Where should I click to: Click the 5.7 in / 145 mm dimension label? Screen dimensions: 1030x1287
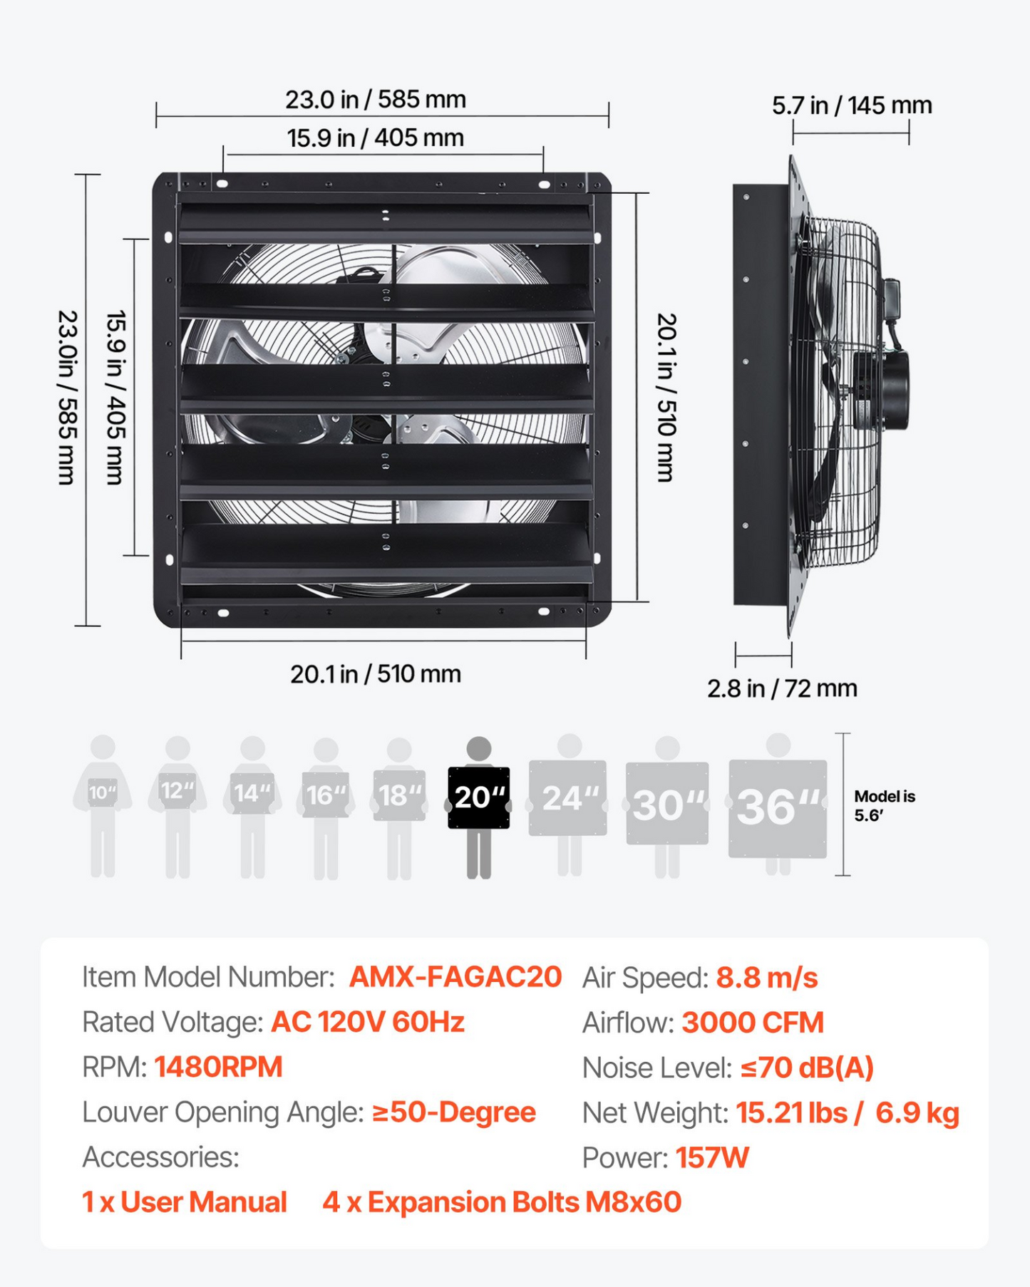852,105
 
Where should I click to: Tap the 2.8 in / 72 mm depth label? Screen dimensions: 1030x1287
782,688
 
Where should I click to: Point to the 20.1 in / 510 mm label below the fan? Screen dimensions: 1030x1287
376,673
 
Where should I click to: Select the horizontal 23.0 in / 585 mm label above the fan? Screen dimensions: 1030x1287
376,99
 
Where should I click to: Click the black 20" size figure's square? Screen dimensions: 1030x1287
478,797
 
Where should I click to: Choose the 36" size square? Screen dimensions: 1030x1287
778,809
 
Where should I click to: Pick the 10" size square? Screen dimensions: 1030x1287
103,792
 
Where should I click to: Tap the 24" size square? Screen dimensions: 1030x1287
567,798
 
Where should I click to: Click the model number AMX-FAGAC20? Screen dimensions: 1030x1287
455,977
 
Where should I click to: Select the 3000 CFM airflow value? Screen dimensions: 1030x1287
753,1023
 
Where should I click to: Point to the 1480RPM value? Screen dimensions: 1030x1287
218,1067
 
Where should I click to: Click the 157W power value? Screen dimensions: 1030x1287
712,1157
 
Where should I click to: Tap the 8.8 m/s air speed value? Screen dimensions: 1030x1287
767,978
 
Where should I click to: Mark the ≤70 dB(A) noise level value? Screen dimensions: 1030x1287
807,1068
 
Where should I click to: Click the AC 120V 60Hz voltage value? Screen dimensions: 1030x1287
368,1022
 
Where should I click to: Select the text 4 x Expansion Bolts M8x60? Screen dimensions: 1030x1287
502,1202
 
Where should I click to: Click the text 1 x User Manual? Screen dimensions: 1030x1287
185,1202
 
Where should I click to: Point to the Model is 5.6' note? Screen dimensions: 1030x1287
885,806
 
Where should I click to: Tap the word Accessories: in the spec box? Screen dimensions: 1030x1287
160,1157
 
